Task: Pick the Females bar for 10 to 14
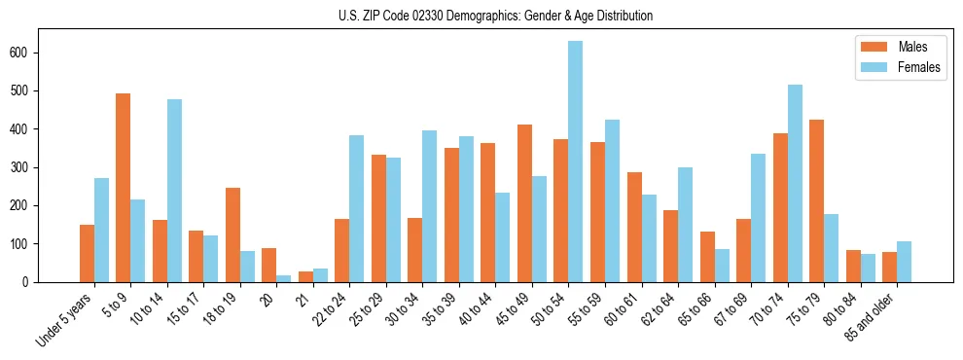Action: tap(174, 191)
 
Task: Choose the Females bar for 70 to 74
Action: tap(794, 184)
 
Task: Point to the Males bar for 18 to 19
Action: tap(232, 234)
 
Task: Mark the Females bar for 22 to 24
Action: tap(356, 209)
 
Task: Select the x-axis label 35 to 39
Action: tap(437, 311)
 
